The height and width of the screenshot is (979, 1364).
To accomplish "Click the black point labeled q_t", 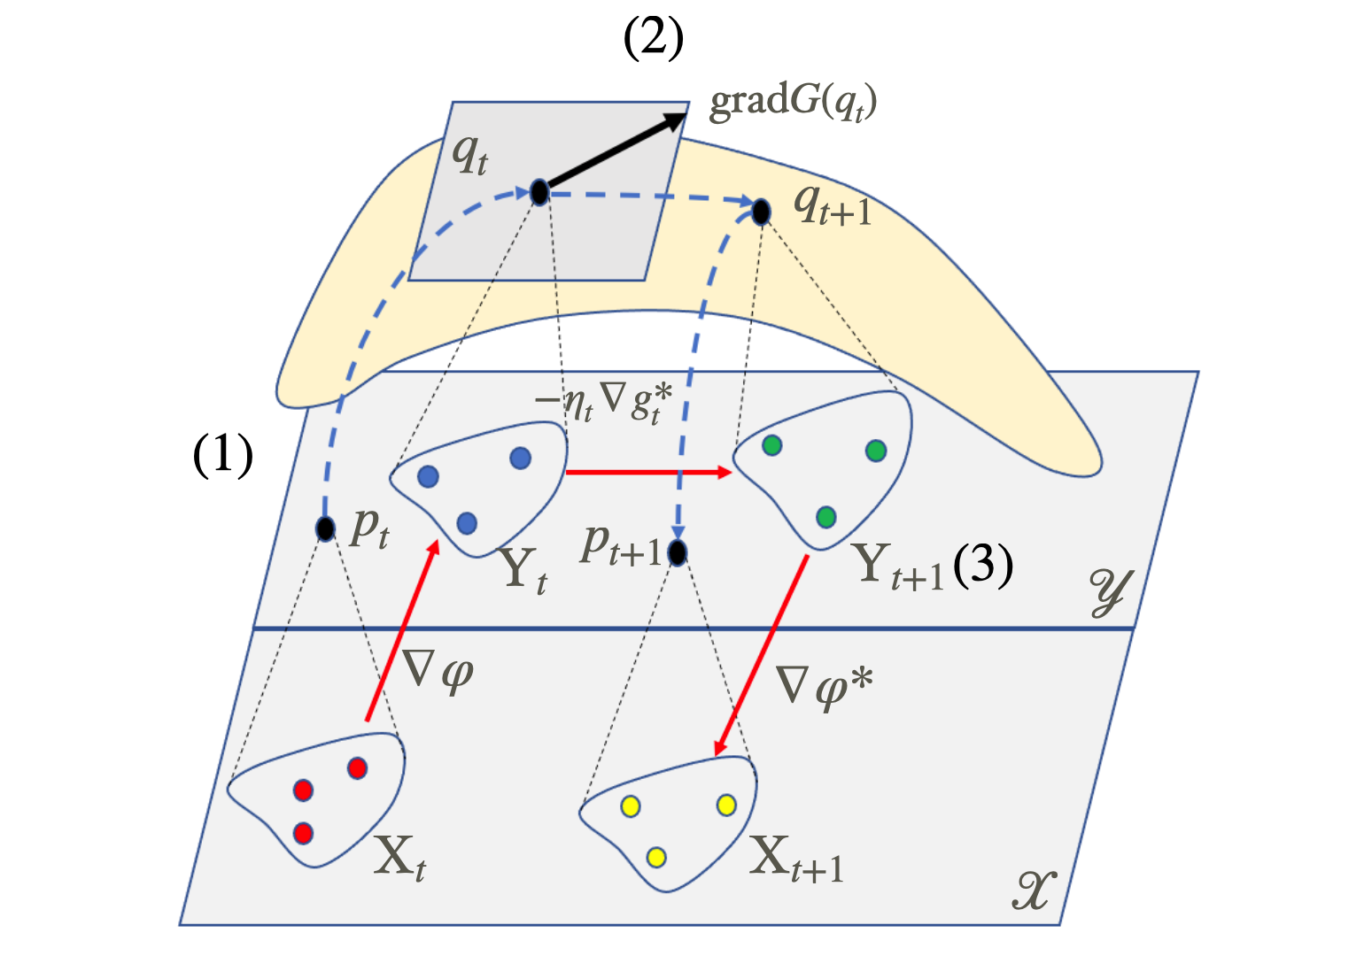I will click(539, 191).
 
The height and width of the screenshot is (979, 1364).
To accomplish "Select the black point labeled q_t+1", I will click(761, 212).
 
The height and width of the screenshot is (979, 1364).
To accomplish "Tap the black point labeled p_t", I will click(325, 528).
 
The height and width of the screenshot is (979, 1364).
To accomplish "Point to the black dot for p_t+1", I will click(678, 552).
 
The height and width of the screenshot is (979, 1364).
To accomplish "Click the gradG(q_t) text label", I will click(793, 103).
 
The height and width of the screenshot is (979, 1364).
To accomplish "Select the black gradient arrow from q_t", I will click(616, 151).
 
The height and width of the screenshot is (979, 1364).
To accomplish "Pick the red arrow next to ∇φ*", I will click(761, 656).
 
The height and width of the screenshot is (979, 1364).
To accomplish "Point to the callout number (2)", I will click(654, 40).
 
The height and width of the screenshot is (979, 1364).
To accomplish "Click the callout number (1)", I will click(223, 457).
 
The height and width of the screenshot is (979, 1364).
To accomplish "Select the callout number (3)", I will click(983, 564).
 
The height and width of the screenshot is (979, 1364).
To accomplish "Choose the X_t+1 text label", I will click(796, 859).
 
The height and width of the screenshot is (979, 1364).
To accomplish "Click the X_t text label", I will click(399, 857).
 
